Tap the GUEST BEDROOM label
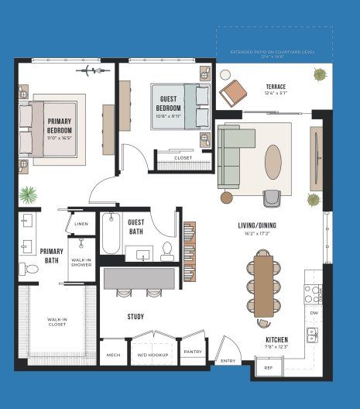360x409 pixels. tap(171, 104)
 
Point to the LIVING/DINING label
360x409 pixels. tap(258, 226)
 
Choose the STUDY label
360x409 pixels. tap(135, 316)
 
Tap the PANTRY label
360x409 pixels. tap(194, 352)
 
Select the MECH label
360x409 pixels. tap(112, 354)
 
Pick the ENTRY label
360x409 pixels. tap(228, 360)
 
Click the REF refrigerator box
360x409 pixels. tap(269, 367)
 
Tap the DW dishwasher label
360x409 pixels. tap(314, 313)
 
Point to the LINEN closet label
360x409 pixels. tap(81, 225)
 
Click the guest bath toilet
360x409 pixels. tap(167, 250)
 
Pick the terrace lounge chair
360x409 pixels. tap(232, 92)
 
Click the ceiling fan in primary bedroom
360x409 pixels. tap(91, 71)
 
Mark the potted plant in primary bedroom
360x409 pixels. tap(29, 194)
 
